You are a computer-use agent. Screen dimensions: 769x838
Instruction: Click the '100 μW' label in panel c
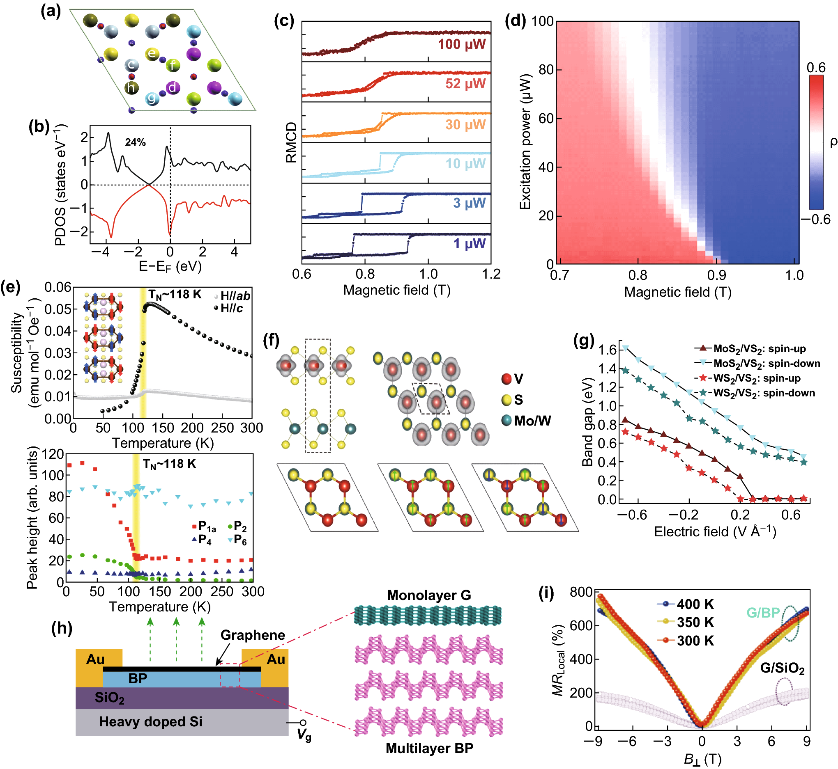pos(461,44)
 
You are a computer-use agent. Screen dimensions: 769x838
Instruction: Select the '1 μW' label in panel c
pos(470,243)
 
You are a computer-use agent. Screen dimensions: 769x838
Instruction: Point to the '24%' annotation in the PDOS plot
pos(136,142)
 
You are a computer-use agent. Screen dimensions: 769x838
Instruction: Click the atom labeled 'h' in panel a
pos(131,88)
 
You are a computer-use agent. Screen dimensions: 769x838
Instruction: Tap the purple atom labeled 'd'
pos(172,87)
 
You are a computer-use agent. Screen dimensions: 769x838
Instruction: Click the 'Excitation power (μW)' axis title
pos(525,142)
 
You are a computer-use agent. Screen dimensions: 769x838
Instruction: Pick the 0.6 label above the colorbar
pos(816,67)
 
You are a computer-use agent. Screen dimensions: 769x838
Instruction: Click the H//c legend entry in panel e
pos(232,308)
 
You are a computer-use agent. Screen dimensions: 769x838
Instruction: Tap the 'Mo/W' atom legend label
pos(532,421)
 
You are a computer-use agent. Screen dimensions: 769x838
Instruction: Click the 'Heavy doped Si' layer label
pos(151,721)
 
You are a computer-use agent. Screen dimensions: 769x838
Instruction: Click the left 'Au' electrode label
pos(95,659)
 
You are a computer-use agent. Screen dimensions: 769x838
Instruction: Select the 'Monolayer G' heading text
pos(429,595)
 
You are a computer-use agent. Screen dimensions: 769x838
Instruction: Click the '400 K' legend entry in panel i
pos(695,604)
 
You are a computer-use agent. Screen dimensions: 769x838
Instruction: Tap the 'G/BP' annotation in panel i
pos(763,613)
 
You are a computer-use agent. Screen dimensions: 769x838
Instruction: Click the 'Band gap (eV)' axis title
pos(587,422)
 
